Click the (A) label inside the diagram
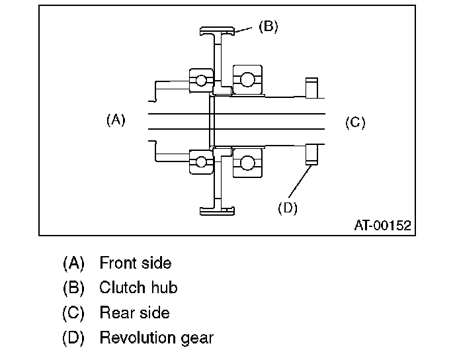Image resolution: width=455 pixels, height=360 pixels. click(x=116, y=120)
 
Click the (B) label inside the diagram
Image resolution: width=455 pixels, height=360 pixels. click(x=268, y=26)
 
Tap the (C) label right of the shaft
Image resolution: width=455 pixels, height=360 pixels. click(x=355, y=122)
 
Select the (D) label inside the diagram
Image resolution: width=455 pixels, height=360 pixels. click(x=288, y=208)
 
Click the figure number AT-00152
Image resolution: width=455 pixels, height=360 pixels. click(x=382, y=226)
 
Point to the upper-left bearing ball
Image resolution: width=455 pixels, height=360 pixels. click(x=198, y=81)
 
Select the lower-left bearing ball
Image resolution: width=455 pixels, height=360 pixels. click(x=198, y=160)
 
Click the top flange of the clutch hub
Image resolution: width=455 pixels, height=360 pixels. click(x=218, y=30)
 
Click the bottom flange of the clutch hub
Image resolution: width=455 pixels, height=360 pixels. click(x=218, y=210)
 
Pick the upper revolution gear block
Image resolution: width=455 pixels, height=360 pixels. click(x=311, y=87)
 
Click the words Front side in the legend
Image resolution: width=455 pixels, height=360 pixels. click(x=135, y=263)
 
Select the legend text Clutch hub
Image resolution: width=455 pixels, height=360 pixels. click(x=138, y=287)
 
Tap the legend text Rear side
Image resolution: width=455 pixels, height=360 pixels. click(x=134, y=312)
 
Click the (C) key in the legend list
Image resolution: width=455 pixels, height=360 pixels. click(x=73, y=312)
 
